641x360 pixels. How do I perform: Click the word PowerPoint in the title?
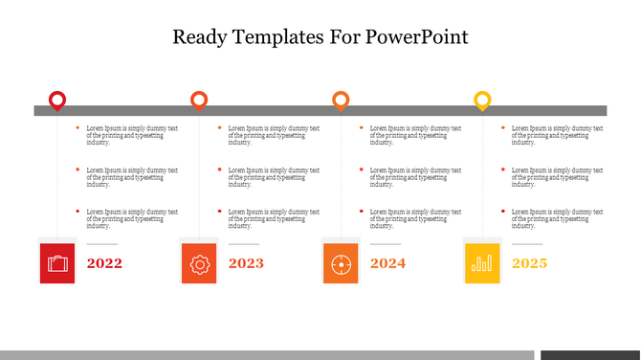417,38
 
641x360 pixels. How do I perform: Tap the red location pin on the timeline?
57,100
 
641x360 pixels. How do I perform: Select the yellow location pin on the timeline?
483,100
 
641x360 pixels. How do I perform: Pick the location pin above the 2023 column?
199,100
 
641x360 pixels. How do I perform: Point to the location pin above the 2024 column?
341,100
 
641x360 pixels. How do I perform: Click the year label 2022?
104,263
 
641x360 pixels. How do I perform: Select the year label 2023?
246,263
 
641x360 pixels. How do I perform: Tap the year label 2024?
387,263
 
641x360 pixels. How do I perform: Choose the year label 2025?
529,263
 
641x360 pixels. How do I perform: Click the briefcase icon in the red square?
58,263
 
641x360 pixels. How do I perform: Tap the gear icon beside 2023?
199,263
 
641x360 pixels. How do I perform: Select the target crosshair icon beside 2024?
341,263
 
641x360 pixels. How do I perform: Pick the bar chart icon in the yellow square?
482,263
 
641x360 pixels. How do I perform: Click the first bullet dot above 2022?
77,127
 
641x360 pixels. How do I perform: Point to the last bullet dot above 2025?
504,211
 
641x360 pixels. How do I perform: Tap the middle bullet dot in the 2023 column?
219,169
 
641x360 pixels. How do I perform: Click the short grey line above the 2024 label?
385,245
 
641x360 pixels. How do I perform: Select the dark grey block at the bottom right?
589,355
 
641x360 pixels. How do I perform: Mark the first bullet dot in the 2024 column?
362,127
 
